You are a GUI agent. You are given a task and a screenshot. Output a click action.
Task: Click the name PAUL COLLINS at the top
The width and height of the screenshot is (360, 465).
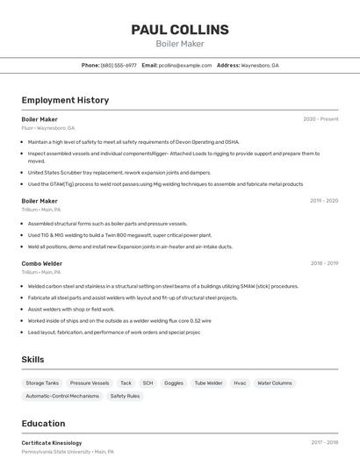coord(180,29)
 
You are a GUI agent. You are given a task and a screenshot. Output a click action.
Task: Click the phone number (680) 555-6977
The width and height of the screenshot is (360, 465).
coord(119,65)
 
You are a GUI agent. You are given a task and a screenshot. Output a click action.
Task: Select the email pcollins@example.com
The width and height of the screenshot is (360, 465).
coord(185,65)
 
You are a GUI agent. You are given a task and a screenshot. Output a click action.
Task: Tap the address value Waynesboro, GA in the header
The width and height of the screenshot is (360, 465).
coord(260,65)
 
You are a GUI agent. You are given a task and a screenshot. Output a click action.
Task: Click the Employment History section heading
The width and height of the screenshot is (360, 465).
coord(65,100)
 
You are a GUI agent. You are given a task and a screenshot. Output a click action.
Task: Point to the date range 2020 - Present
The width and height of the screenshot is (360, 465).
coord(320,119)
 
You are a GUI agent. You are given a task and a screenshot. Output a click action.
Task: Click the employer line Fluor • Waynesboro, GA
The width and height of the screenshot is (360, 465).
coord(48,128)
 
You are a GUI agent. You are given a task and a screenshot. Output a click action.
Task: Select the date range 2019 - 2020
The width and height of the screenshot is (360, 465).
coord(323,201)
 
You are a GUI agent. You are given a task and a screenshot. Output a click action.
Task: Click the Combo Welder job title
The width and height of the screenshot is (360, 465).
coord(42,263)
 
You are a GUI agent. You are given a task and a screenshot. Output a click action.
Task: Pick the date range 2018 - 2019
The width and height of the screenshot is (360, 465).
coord(323,263)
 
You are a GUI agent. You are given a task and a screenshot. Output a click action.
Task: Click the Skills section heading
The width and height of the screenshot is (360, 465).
coord(33,360)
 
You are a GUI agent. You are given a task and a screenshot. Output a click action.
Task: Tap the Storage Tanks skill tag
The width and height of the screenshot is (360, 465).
coord(42,383)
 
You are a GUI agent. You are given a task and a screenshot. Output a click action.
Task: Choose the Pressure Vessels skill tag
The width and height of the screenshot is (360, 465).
coord(90,383)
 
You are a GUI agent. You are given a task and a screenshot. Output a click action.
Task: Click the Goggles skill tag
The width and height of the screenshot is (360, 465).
coord(174,383)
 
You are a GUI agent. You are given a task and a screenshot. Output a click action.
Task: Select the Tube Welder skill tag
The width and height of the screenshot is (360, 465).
coord(208,383)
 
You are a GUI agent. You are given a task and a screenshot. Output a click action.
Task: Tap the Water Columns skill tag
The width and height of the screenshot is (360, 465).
coord(275,383)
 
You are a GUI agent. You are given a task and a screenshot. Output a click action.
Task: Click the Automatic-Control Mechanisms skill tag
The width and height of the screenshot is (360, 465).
coord(62,397)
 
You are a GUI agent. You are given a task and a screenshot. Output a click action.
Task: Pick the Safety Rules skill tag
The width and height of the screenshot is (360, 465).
coord(125,397)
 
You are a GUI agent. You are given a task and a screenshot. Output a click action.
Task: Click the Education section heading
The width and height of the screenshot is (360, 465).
coord(43,424)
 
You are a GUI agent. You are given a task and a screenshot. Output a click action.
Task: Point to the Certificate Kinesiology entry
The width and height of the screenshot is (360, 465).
coord(52,443)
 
